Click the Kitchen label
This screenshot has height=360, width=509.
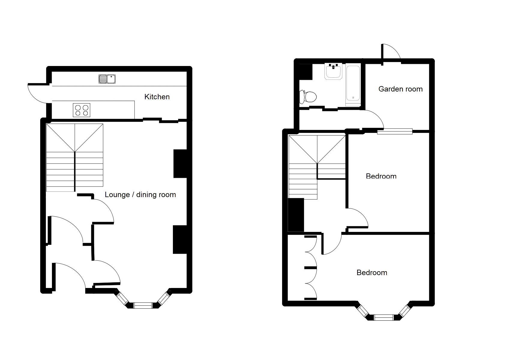(x=157, y=97)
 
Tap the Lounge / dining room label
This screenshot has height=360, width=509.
(x=140, y=195)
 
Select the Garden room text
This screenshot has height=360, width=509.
(x=400, y=89)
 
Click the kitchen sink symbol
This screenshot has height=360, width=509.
(x=107, y=79)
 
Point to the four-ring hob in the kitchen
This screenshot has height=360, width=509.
(x=82, y=110)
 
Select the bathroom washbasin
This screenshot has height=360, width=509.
(x=333, y=71)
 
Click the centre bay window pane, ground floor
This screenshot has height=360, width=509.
(x=143, y=305)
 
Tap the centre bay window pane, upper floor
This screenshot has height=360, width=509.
(x=383, y=317)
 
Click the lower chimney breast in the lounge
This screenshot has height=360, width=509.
(x=180, y=239)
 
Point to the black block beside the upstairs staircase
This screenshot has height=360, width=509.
(x=296, y=215)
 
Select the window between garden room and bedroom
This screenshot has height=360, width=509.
(x=395, y=131)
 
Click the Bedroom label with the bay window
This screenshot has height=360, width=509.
(x=372, y=272)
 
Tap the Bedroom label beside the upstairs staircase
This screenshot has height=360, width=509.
(x=381, y=176)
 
